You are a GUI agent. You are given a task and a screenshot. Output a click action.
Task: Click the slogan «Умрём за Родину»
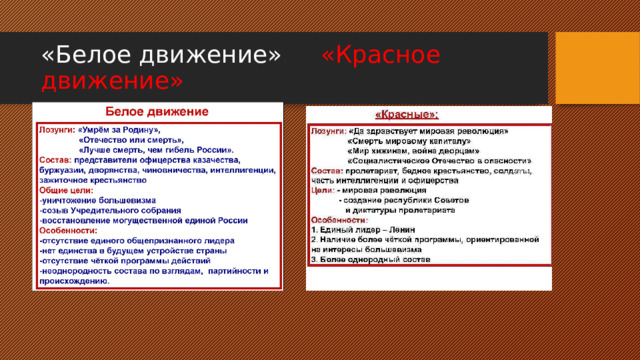point(119,130)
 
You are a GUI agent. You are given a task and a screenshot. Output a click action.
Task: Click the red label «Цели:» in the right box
point(322,189)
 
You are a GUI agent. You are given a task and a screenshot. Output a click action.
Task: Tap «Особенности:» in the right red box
point(340,219)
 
